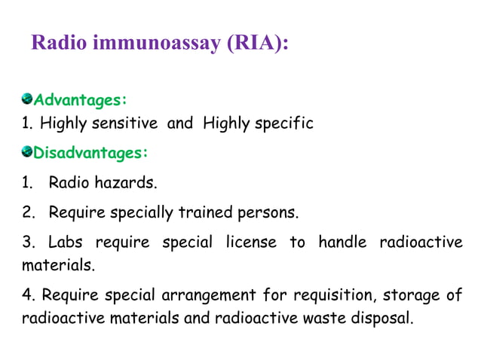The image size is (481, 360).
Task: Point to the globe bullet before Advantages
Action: pos(27,99)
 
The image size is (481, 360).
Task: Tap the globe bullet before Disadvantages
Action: pos(27,152)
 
